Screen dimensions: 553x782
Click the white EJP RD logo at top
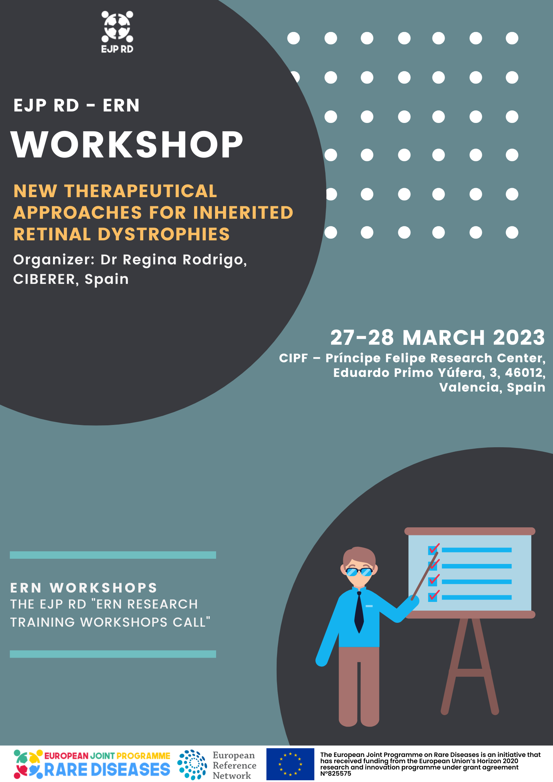[x=117, y=32]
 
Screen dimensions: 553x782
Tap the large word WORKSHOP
[x=127, y=145]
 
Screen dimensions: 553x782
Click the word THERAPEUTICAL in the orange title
[x=141, y=191]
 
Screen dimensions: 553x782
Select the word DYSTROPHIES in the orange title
[x=164, y=234]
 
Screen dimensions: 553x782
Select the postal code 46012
[x=525, y=373]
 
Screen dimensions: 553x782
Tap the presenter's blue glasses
[x=359, y=572]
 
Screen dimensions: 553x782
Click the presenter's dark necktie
[x=359, y=612]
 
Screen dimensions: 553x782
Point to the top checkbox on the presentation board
[x=433, y=550]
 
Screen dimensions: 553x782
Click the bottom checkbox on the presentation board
[x=433, y=597]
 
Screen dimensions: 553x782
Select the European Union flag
[x=290, y=764]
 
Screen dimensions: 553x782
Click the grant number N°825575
[x=336, y=773]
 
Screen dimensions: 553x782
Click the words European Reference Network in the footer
[x=234, y=765]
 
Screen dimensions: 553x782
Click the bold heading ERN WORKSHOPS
[x=84, y=588]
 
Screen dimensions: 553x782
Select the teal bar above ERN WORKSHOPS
[x=113, y=555]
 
